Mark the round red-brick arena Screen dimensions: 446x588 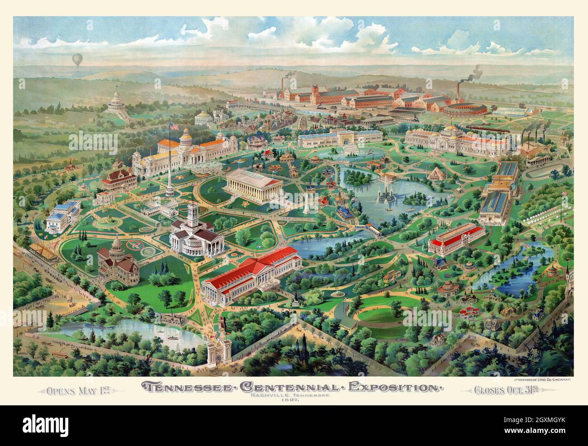[x=465, y=110]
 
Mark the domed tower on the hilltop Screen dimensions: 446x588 [x=117, y=97]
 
